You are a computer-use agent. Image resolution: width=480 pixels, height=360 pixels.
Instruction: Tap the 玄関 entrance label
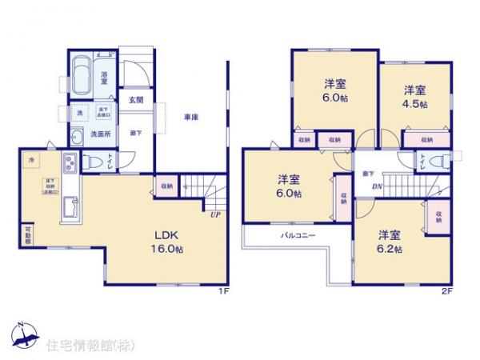pos(135,100)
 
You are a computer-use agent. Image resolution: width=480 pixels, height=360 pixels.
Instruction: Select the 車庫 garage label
pos(190,118)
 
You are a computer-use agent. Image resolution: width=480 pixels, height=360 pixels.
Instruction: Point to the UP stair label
pos(214,214)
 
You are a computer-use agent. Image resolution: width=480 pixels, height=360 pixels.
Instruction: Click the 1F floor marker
pos(225,290)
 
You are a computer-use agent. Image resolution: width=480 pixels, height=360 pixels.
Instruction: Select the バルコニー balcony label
pos(297,236)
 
